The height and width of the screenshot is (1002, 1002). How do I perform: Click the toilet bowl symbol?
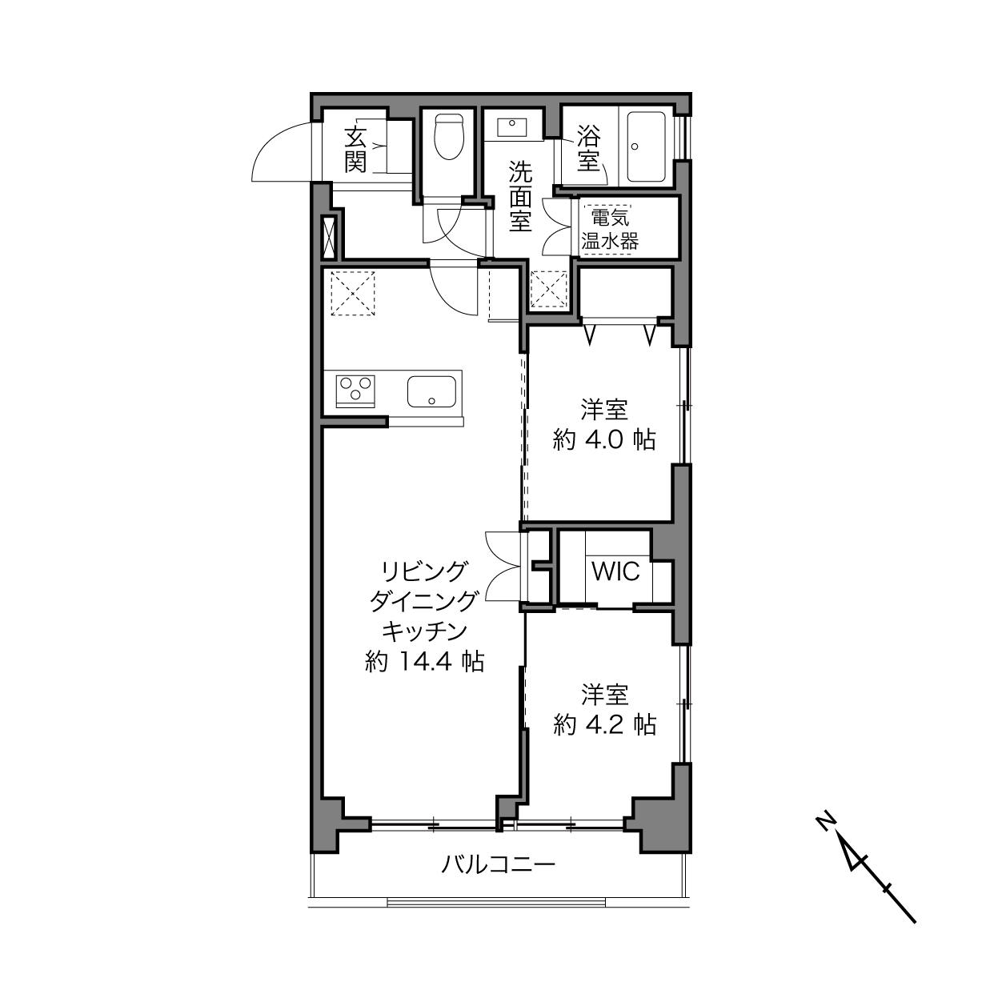tap(448, 137)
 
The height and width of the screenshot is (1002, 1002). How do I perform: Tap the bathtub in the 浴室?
tap(646, 146)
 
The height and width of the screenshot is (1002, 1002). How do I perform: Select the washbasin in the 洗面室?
tap(512, 126)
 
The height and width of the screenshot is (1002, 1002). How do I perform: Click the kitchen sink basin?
tap(431, 391)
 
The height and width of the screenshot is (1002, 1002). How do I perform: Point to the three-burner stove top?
tap(355, 391)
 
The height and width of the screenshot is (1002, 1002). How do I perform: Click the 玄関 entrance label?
tap(355, 149)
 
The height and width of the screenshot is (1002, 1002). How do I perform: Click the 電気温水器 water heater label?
tap(610, 230)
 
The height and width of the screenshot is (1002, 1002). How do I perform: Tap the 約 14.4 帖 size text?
tap(425, 661)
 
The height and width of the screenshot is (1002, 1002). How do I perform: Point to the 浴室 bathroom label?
tap(588, 148)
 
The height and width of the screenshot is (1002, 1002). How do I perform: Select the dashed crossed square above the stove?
tap(353, 293)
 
